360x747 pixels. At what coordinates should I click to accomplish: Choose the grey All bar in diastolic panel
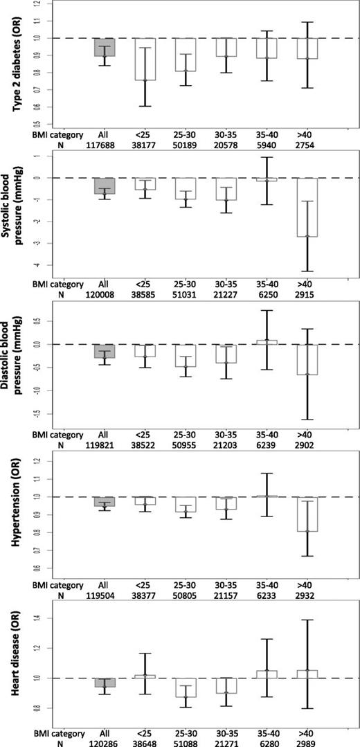[x=104, y=351]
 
